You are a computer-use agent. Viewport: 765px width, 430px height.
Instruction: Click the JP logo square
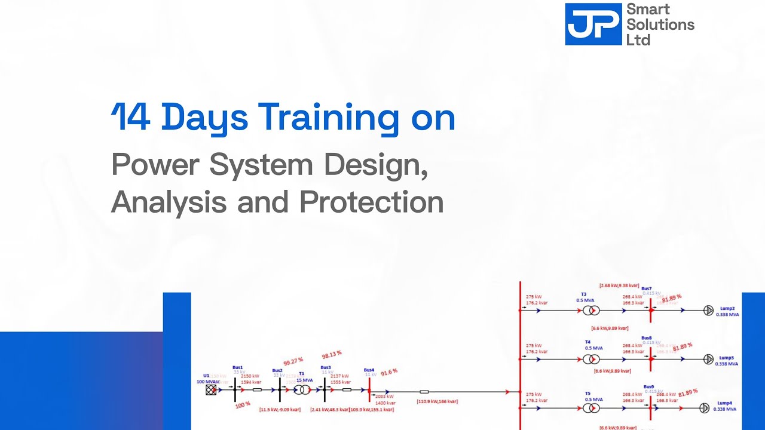coord(593,24)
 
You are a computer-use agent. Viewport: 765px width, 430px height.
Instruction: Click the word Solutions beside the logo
coord(660,25)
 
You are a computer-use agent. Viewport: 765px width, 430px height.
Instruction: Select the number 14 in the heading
coord(131,117)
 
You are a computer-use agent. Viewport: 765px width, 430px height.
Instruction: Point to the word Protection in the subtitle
coord(371,202)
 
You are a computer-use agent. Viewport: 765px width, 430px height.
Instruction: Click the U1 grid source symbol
coord(210,390)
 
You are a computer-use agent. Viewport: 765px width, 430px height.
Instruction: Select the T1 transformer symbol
coord(302,390)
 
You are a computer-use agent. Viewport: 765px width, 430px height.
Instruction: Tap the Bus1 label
coord(238,367)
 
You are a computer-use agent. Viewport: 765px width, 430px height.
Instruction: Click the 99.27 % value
coord(293,361)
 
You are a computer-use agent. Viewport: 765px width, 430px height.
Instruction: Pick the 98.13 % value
coord(332,354)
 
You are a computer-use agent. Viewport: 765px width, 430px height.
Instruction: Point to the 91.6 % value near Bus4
coord(388,371)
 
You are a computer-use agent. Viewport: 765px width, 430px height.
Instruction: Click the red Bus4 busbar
coord(369,390)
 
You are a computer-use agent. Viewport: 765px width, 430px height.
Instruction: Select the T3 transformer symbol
coord(591,311)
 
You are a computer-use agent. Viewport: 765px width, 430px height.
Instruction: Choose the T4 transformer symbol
coord(591,360)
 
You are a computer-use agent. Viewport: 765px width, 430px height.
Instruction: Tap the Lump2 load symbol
coord(709,310)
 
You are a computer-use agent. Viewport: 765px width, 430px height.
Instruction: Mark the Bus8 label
coord(647,338)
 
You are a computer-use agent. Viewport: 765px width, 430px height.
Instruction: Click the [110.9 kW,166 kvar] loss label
coord(437,402)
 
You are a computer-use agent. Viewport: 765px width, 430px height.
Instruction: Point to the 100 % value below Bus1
coord(243,405)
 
